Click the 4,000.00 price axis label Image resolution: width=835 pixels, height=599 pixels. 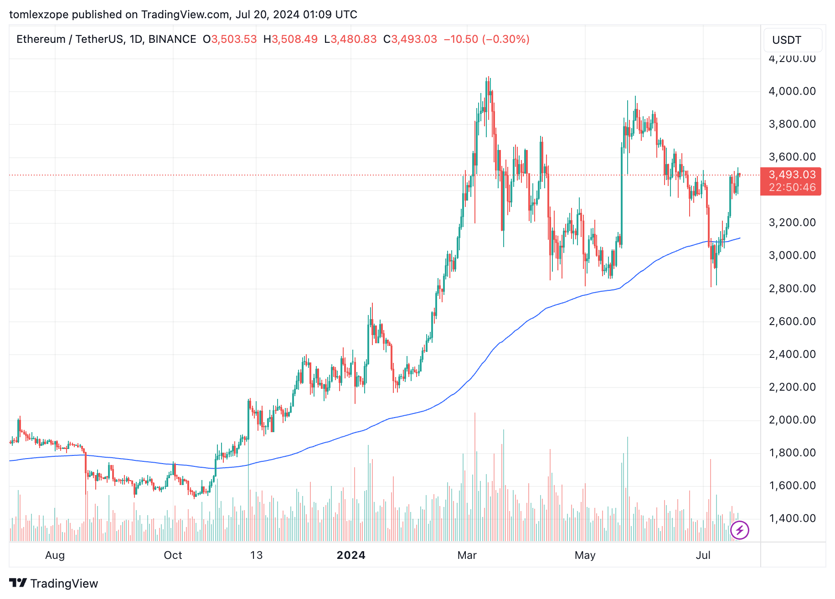tap(792, 91)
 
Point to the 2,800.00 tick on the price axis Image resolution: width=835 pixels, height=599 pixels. tap(792, 289)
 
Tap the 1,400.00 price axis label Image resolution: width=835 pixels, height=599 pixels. tap(792, 518)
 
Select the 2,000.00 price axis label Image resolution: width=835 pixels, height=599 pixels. tap(792, 420)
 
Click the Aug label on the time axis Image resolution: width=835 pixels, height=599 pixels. tap(55, 555)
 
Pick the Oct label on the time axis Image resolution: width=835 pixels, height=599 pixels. tap(173, 555)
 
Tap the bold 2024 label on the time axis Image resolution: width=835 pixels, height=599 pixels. tap(351, 555)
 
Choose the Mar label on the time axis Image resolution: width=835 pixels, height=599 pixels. tap(467, 555)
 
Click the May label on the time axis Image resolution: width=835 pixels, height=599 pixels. tap(585, 555)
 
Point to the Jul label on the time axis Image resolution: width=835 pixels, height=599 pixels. tap(703, 555)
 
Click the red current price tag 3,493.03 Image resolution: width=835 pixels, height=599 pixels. tap(792, 175)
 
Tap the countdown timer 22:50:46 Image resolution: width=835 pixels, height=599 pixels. tap(792, 187)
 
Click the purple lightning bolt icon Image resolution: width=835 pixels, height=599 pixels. tap(739, 530)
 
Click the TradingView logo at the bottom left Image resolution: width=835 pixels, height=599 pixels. tap(54, 584)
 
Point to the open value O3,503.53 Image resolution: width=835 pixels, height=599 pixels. tap(230, 39)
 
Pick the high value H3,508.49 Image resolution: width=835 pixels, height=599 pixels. tap(290, 39)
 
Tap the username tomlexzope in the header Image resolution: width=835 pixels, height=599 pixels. tap(38, 15)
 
